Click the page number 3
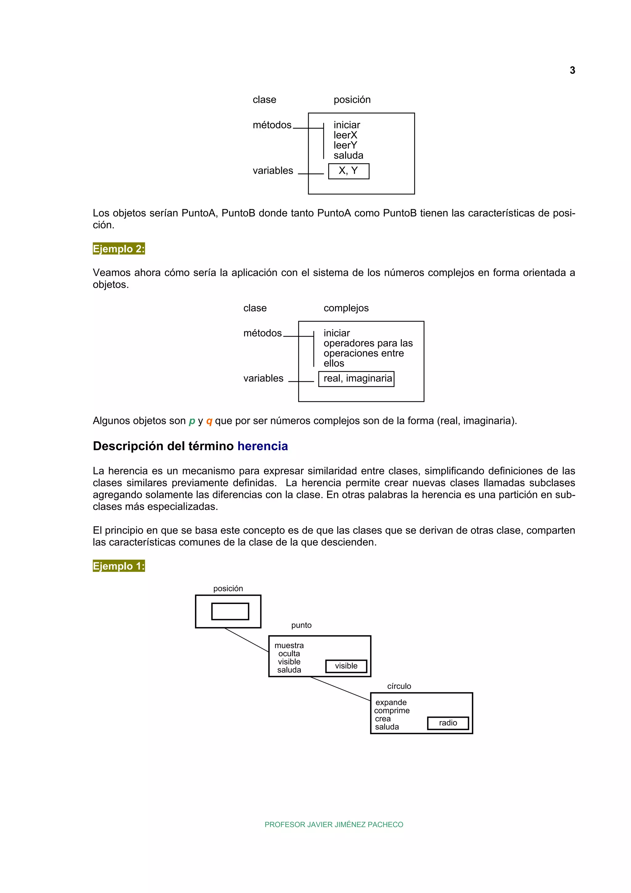coord(572,70)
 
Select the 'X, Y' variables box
coord(348,171)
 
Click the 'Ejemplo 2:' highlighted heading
coord(119,249)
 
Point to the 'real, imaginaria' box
coord(356,379)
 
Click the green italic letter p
coord(192,421)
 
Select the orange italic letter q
coord(209,421)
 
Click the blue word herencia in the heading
coord(263,446)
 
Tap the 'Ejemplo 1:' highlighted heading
coord(119,566)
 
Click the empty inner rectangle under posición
coord(230,611)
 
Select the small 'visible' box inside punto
coord(346,666)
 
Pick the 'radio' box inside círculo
coord(448,723)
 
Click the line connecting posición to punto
coord(246,640)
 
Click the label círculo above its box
coord(399,687)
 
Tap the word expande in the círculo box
coord(391,703)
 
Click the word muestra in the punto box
coord(289,646)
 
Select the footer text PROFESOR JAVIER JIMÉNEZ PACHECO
coord(334,825)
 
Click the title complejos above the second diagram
coord(346,308)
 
